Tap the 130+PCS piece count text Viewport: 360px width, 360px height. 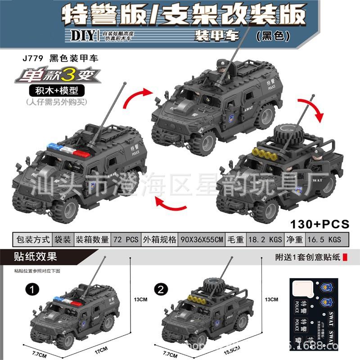pyautogui.click(x=320, y=223)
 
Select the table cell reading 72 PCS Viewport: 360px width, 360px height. pyautogui.click(x=126, y=239)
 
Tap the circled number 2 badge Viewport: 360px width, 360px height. pyautogui.click(x=161, y=288)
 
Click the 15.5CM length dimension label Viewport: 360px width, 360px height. pyautogui.click(x=233, y=349)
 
